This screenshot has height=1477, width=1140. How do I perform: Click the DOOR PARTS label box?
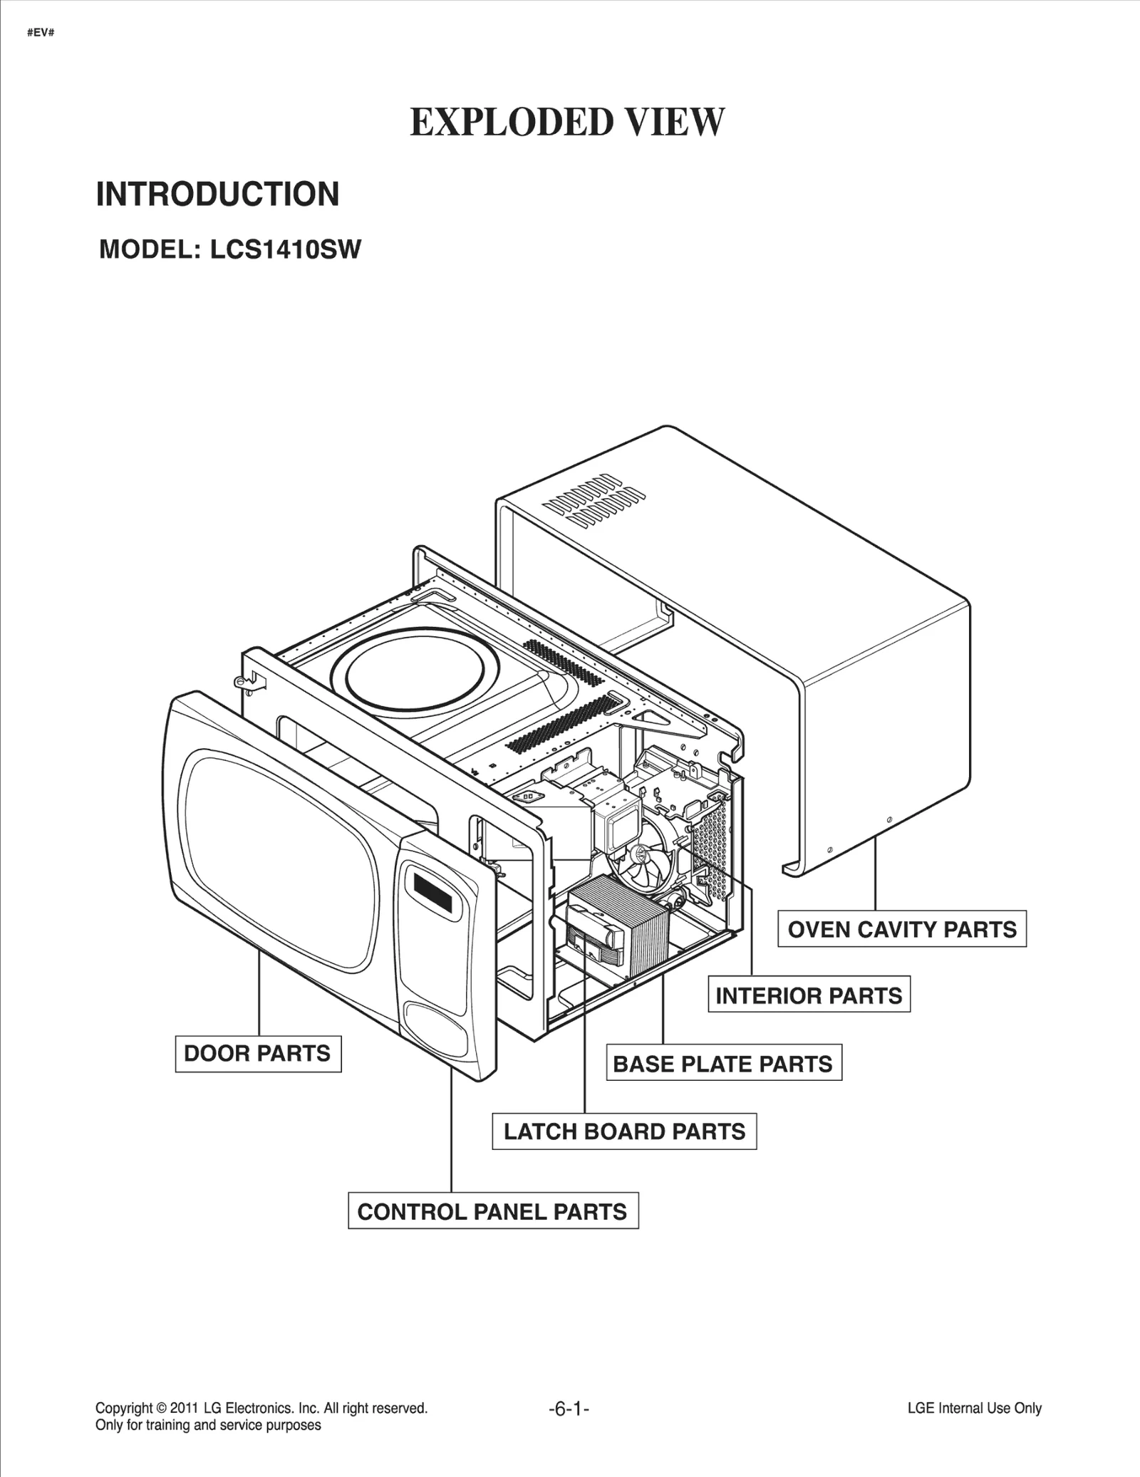tap(258, 1054)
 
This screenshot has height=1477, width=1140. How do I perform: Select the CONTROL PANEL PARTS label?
tap(492, 1211)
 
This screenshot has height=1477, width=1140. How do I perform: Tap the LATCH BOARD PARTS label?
tap(624, 1131)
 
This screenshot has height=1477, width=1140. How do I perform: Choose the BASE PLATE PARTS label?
tap(723, 1064)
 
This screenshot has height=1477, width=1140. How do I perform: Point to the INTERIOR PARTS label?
tap(809, 995)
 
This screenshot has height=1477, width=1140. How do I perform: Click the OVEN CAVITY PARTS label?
tap(902, 929)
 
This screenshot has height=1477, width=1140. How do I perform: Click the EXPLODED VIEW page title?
tap(567, 122)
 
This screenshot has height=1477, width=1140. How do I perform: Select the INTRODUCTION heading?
tap(218, 195)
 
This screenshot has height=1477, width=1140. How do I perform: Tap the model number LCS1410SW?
tap(285, 249)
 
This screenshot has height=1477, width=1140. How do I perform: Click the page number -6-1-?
tap(569, 1408)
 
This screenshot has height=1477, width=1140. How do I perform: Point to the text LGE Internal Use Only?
tap(974, 1408)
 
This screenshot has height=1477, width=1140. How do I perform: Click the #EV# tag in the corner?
tap(41, 33)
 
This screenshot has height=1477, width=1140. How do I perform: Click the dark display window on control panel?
tap(432, 893)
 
